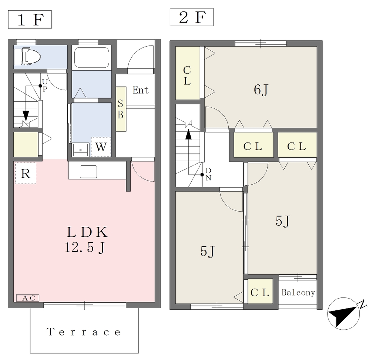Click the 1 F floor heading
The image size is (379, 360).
click(30, 20)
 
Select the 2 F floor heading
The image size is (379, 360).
click(192, 17)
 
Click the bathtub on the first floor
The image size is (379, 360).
click(92, 57)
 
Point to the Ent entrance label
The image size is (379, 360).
click(140, 90)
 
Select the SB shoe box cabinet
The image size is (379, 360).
click(121, 109)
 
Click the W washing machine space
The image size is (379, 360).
click(101, 147)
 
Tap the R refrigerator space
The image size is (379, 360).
click(26, 173)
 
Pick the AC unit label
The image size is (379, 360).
click(27, 298)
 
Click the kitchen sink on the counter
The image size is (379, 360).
click(88, 172)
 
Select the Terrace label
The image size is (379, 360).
click(84, 332)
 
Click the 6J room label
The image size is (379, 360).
click(261, 90)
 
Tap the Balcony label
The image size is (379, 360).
click(298, 293)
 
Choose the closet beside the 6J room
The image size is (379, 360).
click(188, 73)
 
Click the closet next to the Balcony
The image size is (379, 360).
click(260, 291)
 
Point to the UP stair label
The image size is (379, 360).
click(45, 85)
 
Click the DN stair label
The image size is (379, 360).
click(208, 174)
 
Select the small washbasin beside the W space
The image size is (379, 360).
click(80, 149)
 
